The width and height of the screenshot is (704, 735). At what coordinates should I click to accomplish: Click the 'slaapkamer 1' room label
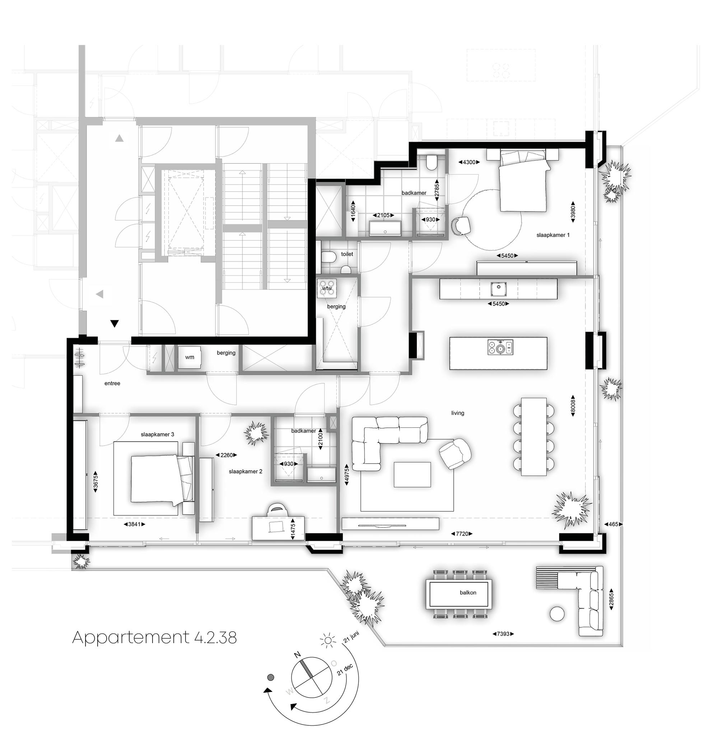coord(553,235)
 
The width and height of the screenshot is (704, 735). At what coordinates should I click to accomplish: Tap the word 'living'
coord(458,413)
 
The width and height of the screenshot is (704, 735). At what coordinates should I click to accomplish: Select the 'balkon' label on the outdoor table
coord(468,593)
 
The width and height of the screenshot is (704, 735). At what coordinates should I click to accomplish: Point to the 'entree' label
coord(112,383)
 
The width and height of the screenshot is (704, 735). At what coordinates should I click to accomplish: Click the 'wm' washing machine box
coord(190,357)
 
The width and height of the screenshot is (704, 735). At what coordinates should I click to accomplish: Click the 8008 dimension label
coord(573,406)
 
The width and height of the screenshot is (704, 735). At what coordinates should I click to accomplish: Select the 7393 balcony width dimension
coord(503,634)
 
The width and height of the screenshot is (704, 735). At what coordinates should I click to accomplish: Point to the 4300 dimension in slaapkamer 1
coord(469,162)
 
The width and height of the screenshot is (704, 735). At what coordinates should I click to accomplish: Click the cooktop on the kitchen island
coord(500,347)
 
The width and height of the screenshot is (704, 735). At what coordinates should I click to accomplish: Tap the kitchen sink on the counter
coord(498,289)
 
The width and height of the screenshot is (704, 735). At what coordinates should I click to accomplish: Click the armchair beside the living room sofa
coord(454,454)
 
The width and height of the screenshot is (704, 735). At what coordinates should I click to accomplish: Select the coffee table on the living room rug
coord(412,475)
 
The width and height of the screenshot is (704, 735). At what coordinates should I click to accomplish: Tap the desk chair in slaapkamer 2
coord(277,510)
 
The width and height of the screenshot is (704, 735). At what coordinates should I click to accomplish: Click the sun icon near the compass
coord(328,640)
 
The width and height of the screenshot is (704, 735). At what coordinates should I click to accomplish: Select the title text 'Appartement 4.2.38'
coord(154,637)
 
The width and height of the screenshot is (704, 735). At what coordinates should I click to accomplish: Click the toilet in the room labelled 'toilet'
coord(328,257)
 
